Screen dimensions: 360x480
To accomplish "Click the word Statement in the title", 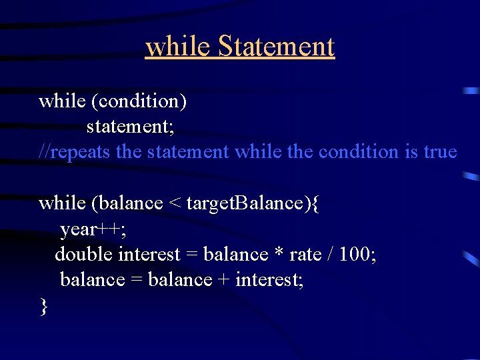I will pyautogui.click(x=276, y=47).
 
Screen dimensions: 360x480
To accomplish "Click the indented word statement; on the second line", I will pyautogui.click(x=130, y=127).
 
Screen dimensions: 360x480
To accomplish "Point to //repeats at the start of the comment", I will pyautogui.click(x=75, y=152).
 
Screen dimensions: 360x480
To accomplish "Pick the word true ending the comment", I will pyautogui.click(x=440, y=152).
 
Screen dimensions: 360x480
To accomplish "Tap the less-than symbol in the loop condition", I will pyautogui.click(x=174, y=203).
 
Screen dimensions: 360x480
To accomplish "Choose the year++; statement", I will pyautogui.click(x=93, y=229).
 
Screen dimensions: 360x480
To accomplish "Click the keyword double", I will pyautogui.click(x=84, y=255).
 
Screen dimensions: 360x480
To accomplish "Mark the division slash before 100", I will pyautogui.click(x=331, y=255).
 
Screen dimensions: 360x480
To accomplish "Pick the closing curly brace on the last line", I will pyautogui.click(x=44, y=306).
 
